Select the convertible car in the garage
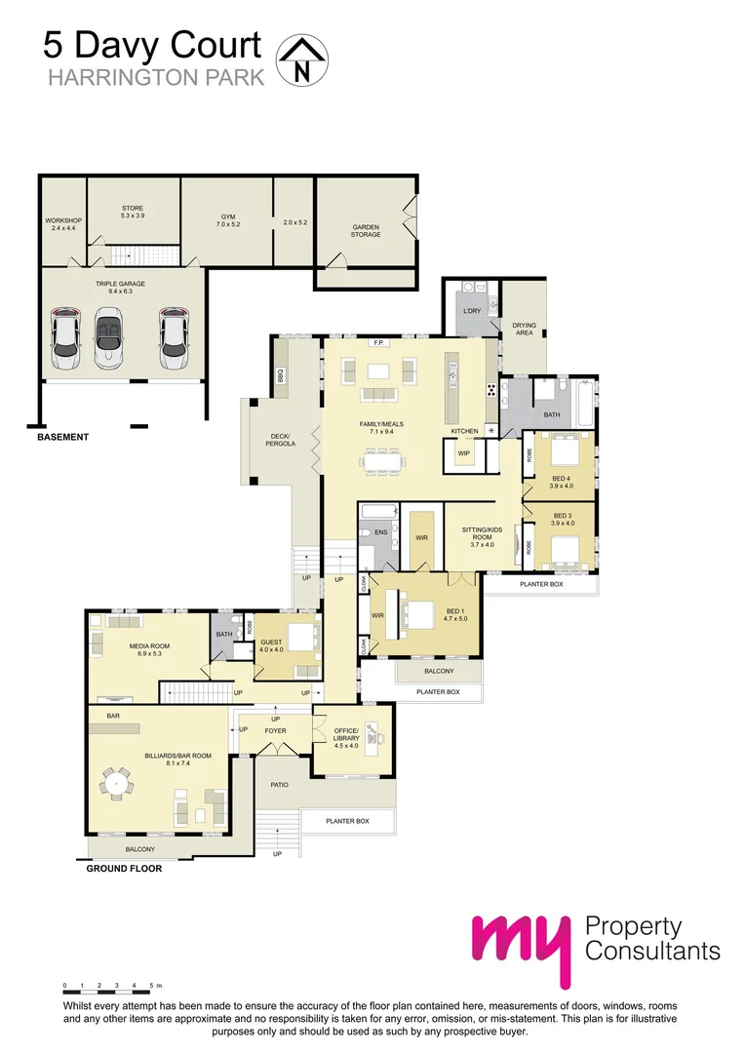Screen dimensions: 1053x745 (x=106, y=338)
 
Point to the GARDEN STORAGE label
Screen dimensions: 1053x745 (x=366, y=230)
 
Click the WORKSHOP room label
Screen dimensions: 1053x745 (x=63, y=224)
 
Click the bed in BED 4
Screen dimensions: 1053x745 (x=562, y=454)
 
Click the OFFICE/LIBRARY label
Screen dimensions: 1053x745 (x=346, y=734)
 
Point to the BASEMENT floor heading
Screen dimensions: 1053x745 (x=62, y=437)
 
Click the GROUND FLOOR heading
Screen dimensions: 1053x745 (x=124, y=868)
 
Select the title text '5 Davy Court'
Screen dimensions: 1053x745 (x=152, y=46)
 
